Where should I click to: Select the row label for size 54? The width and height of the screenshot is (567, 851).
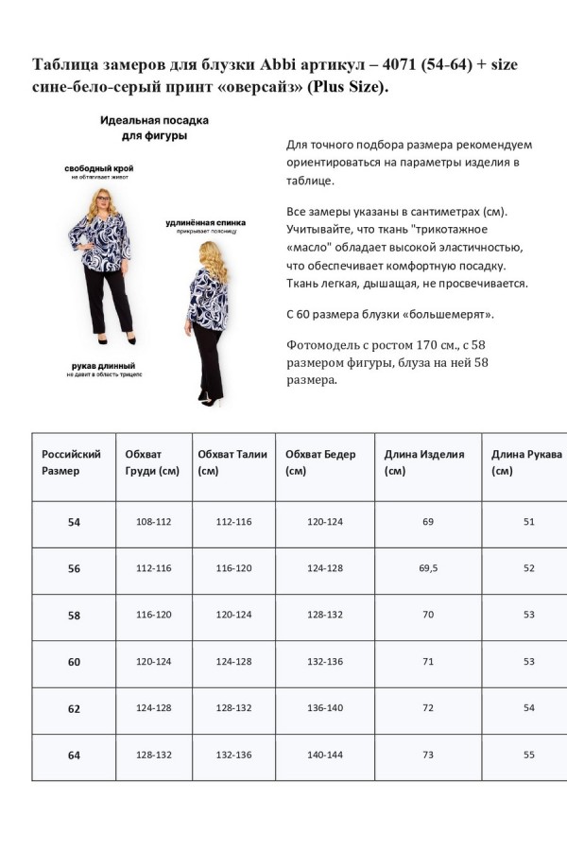74,522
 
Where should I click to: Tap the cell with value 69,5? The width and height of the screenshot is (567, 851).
428,568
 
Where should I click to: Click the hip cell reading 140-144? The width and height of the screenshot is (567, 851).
324,755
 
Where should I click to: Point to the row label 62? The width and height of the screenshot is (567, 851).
74,708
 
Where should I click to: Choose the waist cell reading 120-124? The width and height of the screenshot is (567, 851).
233,615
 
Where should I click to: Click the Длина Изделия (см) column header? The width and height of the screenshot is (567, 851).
424,461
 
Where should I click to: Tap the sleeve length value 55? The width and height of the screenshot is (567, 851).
528,755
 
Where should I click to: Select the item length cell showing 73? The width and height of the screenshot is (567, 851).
428,755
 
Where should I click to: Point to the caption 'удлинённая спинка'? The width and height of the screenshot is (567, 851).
200,222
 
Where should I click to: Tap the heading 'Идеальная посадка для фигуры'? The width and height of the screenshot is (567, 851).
154,129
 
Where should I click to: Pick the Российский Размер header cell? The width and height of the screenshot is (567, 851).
71,461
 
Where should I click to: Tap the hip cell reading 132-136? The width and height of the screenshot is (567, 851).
324,662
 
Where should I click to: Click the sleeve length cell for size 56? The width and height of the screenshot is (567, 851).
528,568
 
